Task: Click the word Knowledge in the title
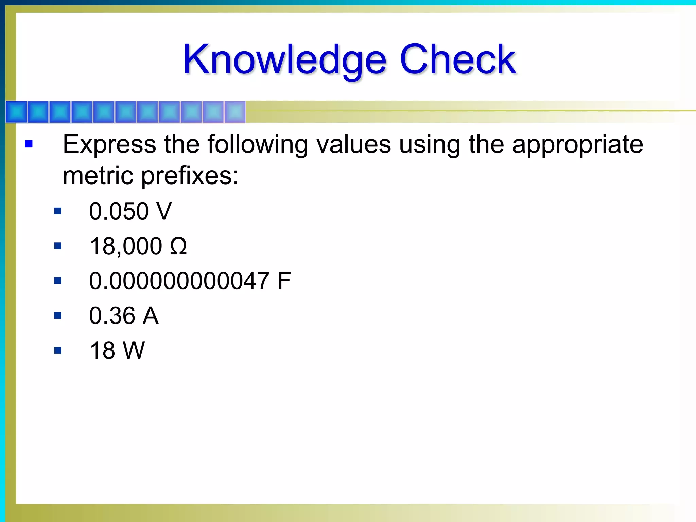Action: point(285,60)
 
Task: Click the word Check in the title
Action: point(458,60)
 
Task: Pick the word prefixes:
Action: point(190,176)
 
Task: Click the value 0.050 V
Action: point(130,211)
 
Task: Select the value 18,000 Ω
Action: point(138,246)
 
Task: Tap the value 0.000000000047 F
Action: point(190,281)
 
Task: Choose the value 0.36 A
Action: point(124,316)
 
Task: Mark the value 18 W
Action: point(117,350)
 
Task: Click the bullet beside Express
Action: point(29,144)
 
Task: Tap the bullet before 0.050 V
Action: point(58,211)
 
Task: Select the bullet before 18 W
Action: point(58,350)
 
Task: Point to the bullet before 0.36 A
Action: point(58,316)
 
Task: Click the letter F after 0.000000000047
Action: point(284,281)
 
